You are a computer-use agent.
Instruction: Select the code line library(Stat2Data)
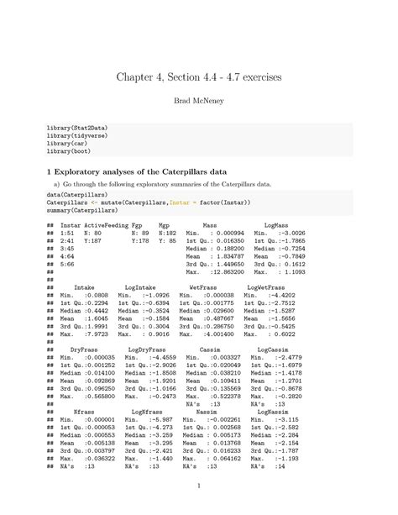[77, 129]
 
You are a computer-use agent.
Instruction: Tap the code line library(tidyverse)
[77, 136]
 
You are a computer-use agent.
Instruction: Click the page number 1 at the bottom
[198, 486]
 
